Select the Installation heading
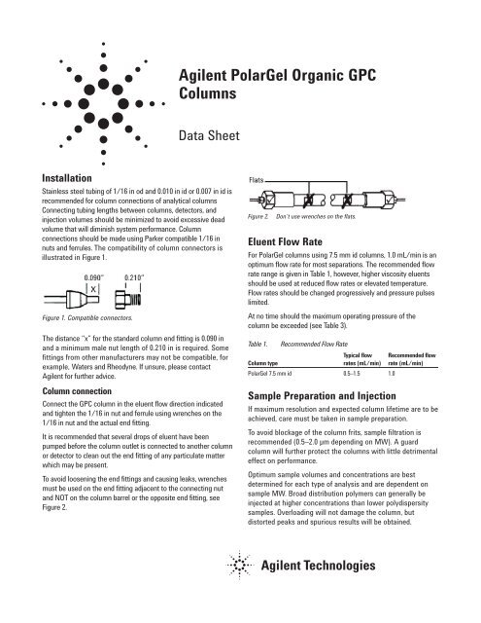38,179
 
